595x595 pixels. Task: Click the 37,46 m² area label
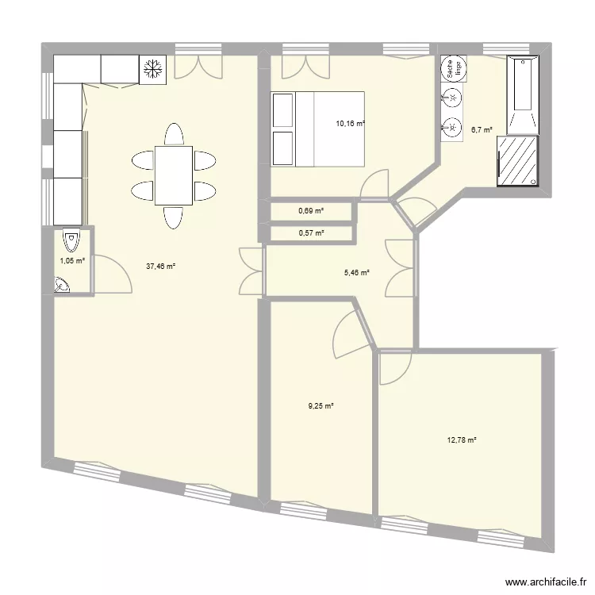(x=160, y=267)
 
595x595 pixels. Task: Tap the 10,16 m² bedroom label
(x=350, y=124)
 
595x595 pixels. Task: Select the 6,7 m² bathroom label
(x=482, y=130)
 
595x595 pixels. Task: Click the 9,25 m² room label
(x=321, y=405)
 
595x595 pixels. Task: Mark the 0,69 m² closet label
(x=311, y=211)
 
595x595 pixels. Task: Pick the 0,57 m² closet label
(x=311, y=233)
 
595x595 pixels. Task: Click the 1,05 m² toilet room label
(x=72, y=260)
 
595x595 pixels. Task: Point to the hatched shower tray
(x=516, y=161)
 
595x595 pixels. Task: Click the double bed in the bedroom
(x=318, y=129)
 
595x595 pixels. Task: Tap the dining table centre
(x=173, y=175)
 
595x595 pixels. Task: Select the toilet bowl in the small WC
(x=71, y=238)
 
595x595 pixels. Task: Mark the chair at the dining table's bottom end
(x=173, y=217)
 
